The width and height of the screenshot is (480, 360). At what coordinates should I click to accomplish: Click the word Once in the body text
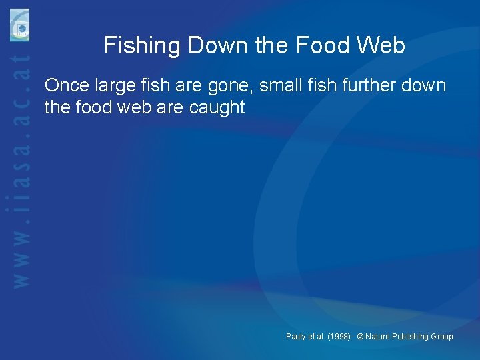pos(67,86)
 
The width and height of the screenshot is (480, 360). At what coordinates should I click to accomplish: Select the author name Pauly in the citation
pos(297,337)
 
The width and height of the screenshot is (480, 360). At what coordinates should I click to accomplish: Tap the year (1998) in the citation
pos(339,337)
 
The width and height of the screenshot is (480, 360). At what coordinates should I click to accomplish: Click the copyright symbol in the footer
pos(360,337)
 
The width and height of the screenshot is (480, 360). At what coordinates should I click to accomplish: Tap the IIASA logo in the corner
pos(19,25)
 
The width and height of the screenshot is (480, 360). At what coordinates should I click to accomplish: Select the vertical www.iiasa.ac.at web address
pos(22,173)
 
